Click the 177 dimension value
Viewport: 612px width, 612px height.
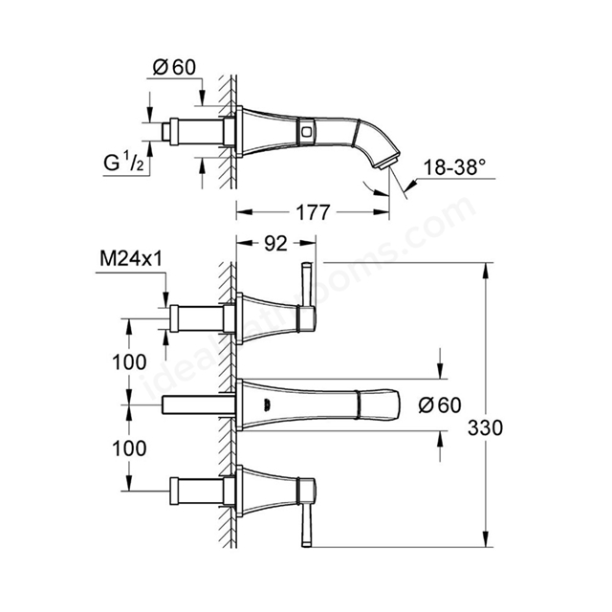313,212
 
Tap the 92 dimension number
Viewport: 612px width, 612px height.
276,244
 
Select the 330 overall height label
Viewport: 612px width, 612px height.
485,428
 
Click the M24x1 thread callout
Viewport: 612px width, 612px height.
131,258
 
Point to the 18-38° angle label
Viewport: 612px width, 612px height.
455,168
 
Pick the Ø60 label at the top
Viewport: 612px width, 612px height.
174,67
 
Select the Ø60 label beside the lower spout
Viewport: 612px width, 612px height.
440,404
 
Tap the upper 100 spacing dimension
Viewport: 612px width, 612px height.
130,362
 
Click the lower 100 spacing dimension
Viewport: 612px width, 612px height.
130,448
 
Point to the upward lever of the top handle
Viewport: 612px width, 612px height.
307,285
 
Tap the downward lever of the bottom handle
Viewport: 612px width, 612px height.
307,524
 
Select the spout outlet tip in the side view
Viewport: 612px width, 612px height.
387,164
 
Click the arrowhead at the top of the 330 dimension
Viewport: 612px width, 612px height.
485,270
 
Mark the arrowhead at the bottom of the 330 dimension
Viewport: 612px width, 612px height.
485,539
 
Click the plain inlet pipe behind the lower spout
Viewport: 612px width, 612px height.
198,404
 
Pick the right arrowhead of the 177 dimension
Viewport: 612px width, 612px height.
382,212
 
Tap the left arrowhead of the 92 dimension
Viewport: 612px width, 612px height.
244,243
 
